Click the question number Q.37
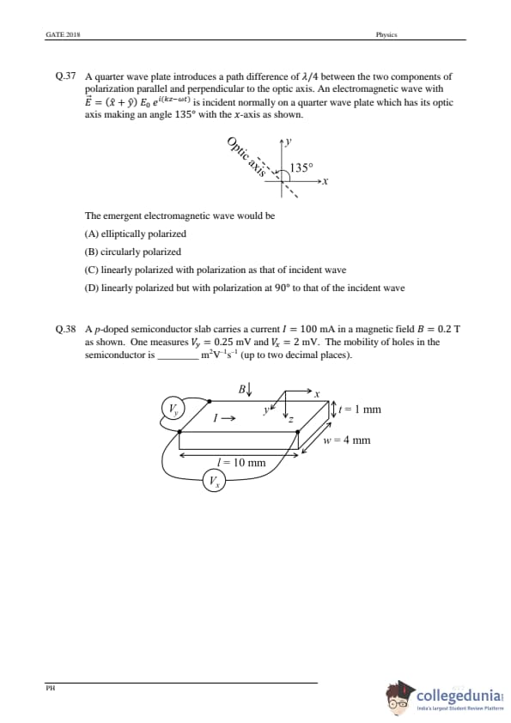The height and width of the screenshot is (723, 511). (65, 76)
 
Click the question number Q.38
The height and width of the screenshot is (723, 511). (65, 329)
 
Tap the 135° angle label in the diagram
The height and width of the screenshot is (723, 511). (301, 167)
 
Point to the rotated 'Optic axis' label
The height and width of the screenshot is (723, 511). (247, 157)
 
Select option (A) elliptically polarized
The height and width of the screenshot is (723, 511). (135, 234)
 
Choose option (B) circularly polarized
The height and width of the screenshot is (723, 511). (133, 252)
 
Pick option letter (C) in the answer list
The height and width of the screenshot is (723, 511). (91, 270)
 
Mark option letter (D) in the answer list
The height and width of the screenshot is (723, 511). (91, 288)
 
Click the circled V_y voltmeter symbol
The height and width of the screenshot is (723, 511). (173, 409)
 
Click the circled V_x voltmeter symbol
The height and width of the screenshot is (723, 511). (214, 481)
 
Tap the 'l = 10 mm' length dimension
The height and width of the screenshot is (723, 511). (241, 462)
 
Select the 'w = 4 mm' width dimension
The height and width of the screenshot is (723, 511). (347, 440)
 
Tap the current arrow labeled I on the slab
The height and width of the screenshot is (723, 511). (224, 418)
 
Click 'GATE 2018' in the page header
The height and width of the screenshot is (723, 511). (64, 34)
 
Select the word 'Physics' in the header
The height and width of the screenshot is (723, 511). (386, 34)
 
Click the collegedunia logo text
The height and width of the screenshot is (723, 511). (459, 696)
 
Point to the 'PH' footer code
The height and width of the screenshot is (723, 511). (51, 688)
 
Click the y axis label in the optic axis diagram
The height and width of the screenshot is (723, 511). (289, 142)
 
